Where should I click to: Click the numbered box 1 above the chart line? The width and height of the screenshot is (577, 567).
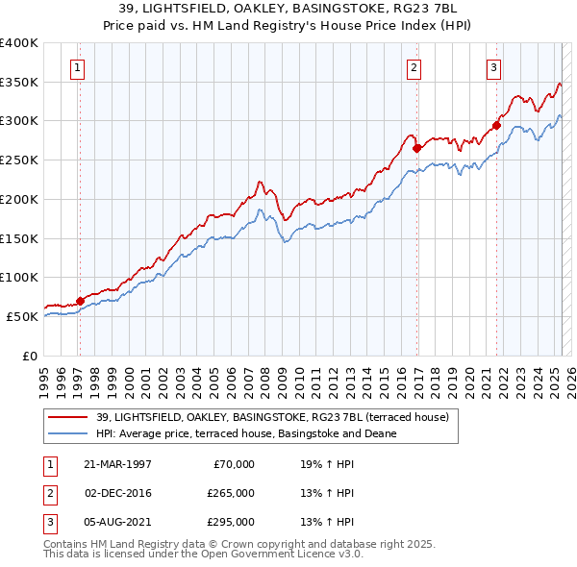point(76,67)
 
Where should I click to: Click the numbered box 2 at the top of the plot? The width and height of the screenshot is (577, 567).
point(414,67)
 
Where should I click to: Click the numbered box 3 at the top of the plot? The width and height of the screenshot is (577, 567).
point(493,67)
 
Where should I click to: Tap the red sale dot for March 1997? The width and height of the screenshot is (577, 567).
point(80,301)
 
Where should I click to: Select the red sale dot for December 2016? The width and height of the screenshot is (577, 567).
point(417,148)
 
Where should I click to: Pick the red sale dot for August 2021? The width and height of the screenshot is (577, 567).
point(497,125)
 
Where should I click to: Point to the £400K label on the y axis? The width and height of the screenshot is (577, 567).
point(19,43)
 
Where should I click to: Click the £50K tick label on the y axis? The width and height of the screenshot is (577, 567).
point(23,316)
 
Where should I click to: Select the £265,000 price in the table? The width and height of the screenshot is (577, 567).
point(231,493)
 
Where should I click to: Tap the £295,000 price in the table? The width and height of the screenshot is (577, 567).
point(231,522)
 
